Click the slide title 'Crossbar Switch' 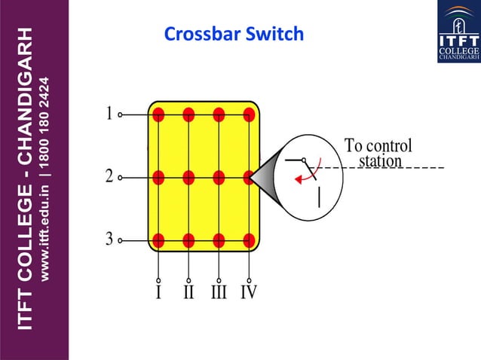click(234, 34)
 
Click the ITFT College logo click(458, 32)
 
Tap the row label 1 click(109, 114)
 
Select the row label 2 click(109, 177)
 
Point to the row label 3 click(109, 239)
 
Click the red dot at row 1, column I click(158, 114)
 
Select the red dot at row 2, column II click(188, 178)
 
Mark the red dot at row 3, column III click(219, 241)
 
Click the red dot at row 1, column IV click(249, 114)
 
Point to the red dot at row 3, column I click(158, 241)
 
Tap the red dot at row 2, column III click(219, 178)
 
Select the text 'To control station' click(378, 153)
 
